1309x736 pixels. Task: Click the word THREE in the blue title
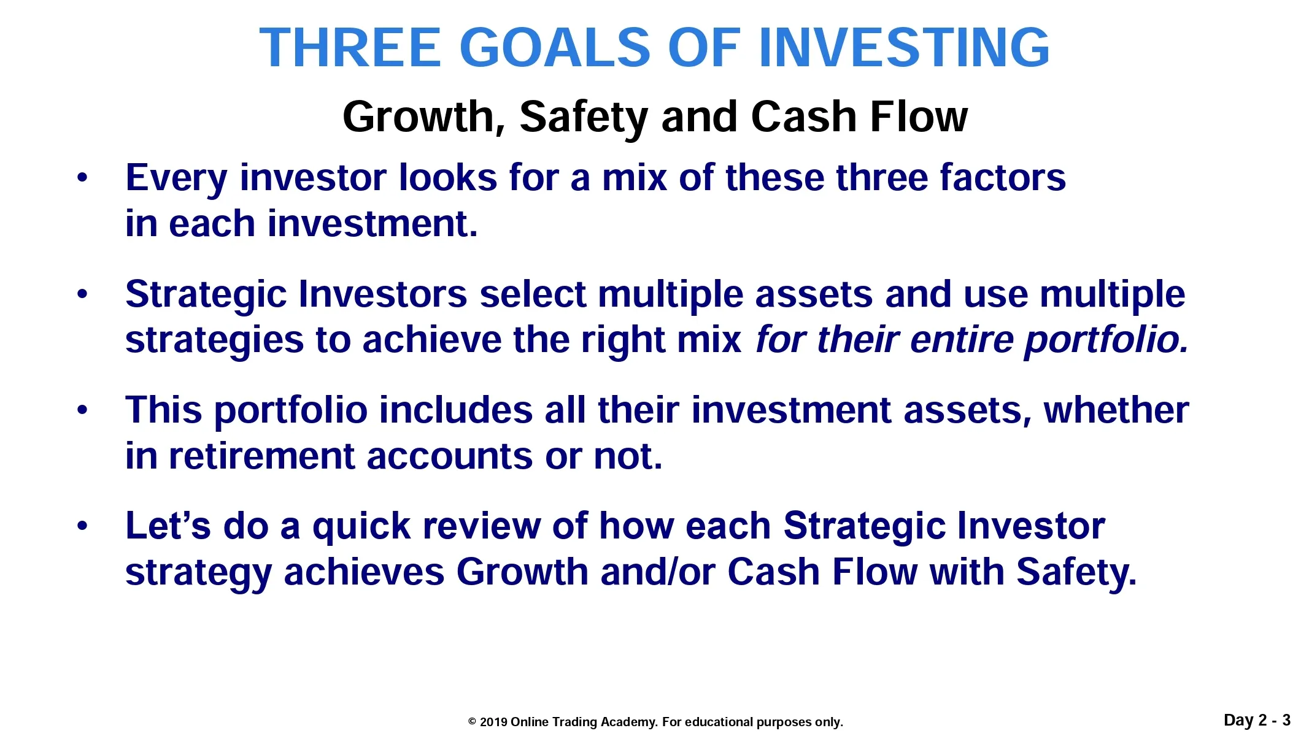point(350,48)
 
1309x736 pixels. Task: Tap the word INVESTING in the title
point(904,48)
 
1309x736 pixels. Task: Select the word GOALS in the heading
point(554,48)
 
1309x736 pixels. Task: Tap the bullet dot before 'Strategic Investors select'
point(82,294)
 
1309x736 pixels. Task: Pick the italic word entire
point(962,340)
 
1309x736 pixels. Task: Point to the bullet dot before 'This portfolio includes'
point(82,410)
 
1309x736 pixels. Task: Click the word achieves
point(364,572)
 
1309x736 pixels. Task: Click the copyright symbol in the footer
point(473,722)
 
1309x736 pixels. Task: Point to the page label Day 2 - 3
point(1257,720)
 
